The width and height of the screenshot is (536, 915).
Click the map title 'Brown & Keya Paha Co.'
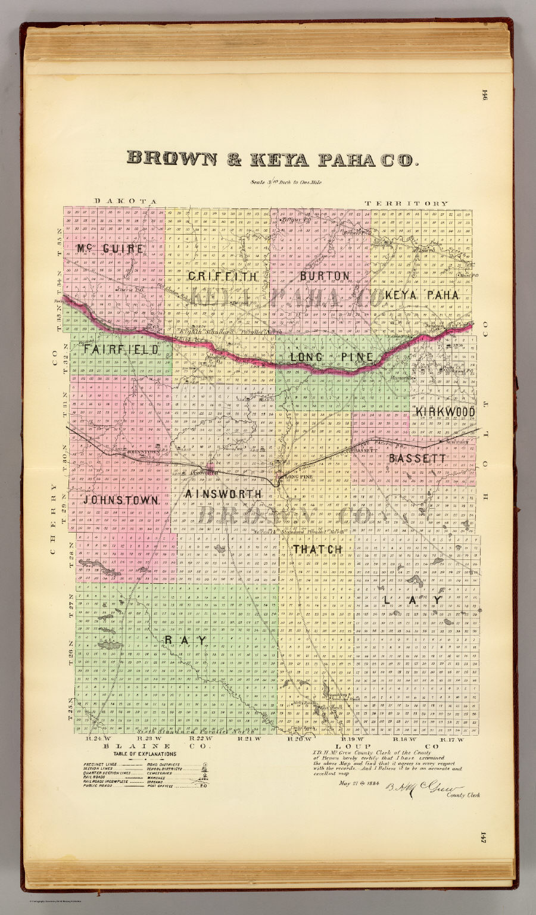click(273, 158)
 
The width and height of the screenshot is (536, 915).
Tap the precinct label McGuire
click(110, 248)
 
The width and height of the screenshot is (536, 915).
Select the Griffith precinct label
click(223, 276)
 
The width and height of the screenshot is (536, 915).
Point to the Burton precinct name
click(324, 276)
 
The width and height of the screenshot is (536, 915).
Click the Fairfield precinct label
click(121, 350)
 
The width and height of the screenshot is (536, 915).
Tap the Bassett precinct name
click(417, 459)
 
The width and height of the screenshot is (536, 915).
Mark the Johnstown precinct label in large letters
click(121, 500)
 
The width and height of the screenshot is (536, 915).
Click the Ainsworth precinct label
click(223, 494)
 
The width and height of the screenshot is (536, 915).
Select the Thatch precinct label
click(317, 549)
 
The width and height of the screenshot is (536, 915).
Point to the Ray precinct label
click(186, 640)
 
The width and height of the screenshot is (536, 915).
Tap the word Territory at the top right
click(407, 203)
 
